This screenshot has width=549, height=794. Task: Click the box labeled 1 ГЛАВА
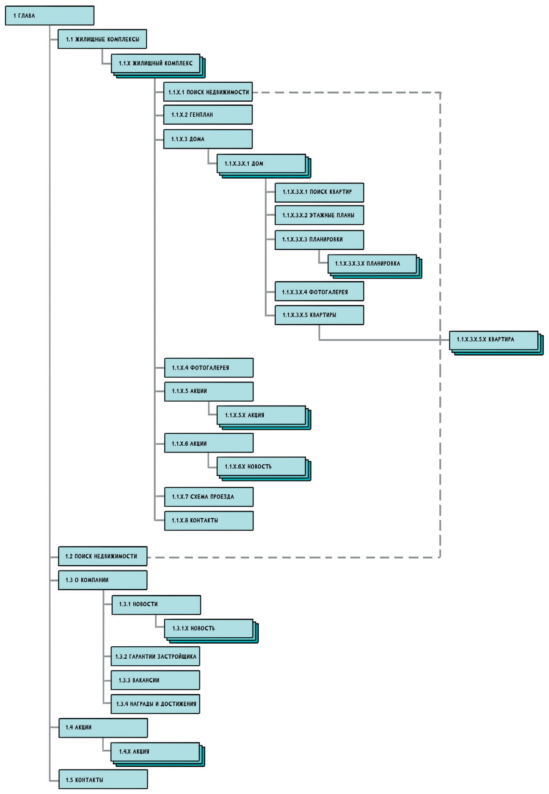point(49,16)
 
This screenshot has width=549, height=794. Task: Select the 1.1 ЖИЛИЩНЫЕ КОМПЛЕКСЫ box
point(102,39)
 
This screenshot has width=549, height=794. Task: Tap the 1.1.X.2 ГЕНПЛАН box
point(208,115)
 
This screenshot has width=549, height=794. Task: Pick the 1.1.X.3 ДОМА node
point(208,139)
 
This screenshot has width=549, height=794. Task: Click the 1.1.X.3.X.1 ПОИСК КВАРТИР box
point(319,192)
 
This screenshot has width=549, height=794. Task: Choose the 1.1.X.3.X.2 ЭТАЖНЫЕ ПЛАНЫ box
point(319,215)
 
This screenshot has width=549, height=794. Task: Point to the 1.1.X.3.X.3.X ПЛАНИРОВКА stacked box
point(372,264)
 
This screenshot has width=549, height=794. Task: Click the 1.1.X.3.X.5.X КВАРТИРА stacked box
point(493,340)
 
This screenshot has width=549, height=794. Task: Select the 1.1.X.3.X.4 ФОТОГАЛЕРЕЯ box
point(319,292)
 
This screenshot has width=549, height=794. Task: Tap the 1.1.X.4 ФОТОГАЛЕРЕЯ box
point(209,368)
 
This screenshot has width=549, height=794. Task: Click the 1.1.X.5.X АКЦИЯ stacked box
point(261,415)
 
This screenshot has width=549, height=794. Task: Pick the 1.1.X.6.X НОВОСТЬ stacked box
point(261,467)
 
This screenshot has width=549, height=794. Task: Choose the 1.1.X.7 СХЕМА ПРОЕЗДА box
point(209,497)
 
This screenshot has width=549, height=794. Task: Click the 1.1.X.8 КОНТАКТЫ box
point(209,521)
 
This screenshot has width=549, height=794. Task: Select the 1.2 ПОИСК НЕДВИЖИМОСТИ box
point(102,556)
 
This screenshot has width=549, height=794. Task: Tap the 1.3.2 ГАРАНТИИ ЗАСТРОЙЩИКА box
point(155,657)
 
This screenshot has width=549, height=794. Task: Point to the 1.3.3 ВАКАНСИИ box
point(155,680)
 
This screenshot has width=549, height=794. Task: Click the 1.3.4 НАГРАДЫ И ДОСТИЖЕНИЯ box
point(155,704)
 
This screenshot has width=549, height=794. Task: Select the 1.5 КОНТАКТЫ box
point(103,780)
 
